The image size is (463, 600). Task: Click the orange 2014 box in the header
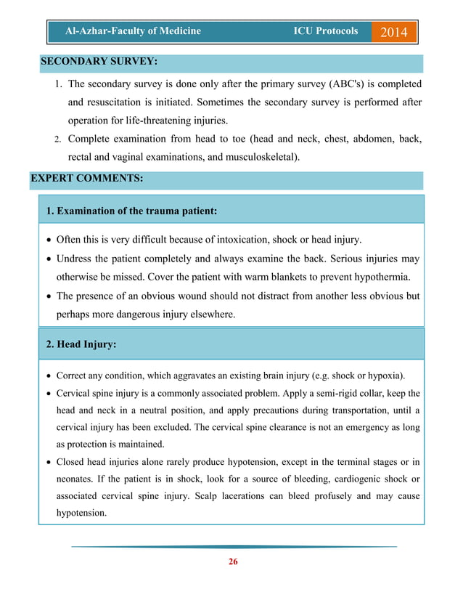coord(394,33)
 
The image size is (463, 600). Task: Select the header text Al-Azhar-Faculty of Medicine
coord(133,32)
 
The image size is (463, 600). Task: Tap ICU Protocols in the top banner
coord(325,32)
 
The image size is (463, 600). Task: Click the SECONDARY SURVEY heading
coord(99,62)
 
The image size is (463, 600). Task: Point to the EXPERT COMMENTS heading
coord(86,177)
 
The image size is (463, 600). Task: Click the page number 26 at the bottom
coord(232,562)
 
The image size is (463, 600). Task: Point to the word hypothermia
coord(380,277)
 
